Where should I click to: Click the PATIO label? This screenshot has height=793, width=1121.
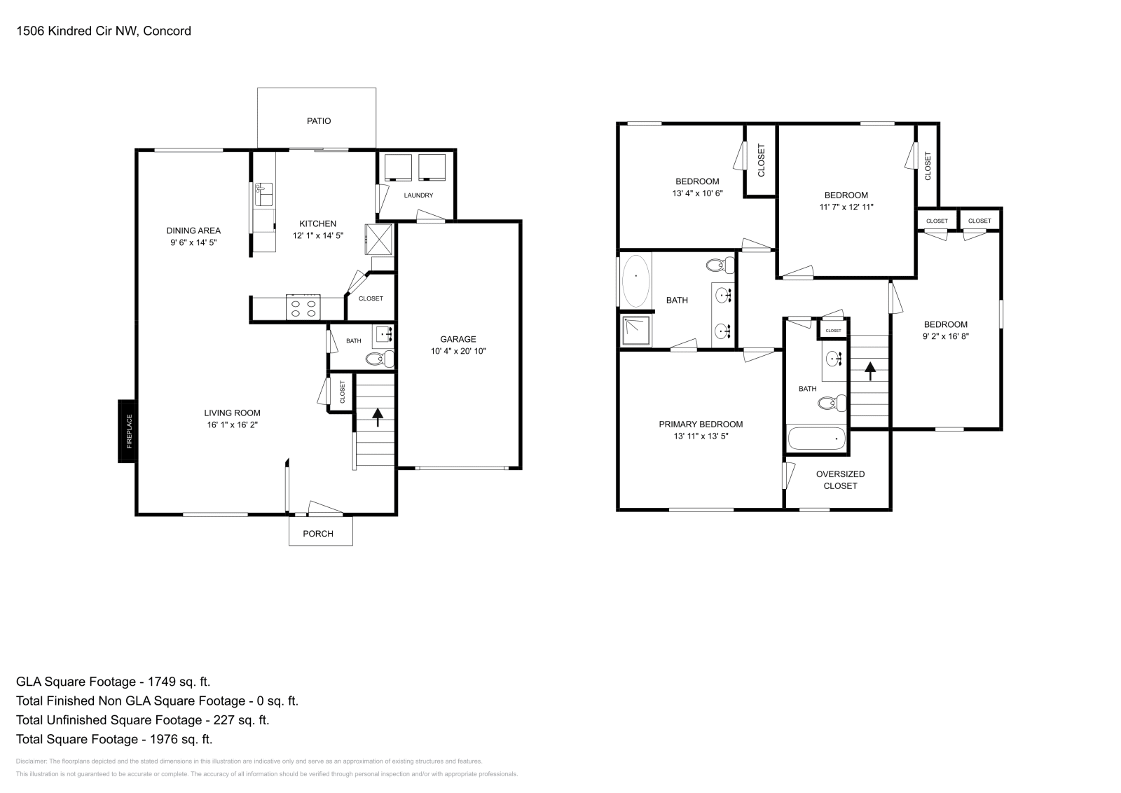(x=318, y=121)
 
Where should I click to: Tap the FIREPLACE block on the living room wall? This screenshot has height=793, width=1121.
(x=127, y=431)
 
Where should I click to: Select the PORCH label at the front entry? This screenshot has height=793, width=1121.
(x=318, y=534)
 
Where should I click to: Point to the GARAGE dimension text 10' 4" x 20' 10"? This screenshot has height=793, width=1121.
(x=458, y=351)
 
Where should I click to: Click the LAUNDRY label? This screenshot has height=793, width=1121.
(x=418, y=195)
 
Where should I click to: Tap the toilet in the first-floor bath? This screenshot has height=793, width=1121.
(x=380, y=359)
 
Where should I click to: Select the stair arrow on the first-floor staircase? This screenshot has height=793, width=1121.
(x=378, y=418)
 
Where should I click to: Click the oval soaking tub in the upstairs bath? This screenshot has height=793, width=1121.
(x=635, y=280)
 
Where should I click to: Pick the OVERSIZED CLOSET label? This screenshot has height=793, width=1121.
(x=840, y=480)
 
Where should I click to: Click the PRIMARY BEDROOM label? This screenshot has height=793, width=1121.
(x=701, y=424)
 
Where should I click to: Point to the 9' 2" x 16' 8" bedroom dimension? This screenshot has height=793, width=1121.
(x=945, y=336)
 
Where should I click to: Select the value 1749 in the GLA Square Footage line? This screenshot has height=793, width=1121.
(x=165, y=682)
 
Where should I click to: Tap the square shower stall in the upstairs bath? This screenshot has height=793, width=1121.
(x=636, y=331)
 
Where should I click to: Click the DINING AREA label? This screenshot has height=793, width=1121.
(x=193, y=230)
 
